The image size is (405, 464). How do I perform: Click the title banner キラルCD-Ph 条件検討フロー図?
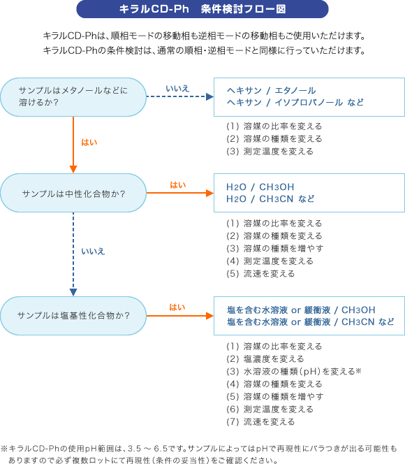(x=202, y=9)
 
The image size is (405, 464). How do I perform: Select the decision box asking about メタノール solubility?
(x=73, y=97)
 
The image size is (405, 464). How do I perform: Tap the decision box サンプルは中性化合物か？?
(x=73, y=193)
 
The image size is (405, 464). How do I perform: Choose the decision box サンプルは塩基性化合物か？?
(x=73, y=316)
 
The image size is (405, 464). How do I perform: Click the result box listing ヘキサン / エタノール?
(x=309, y=97)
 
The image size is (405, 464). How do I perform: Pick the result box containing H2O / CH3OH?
(x=309, y=193)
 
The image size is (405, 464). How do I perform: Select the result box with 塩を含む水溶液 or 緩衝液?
(x=309, y=316)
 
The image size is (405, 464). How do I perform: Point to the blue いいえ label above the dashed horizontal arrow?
(x=177, y=89)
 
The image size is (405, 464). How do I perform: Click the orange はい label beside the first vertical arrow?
(x=89, y=143)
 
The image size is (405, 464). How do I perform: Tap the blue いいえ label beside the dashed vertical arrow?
(x=93, y=252)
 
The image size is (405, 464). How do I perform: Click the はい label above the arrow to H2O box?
(x=177, y=185)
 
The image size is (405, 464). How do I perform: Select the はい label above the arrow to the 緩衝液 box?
(x=177, y=307)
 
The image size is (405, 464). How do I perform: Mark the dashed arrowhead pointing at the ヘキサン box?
(x=210, y=96)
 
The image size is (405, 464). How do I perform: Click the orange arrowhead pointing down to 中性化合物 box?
(x=73, y=170)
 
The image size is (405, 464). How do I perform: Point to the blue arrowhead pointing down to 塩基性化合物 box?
(x=73, y=292)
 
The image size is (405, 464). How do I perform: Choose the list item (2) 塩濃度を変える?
(x=265, y=359)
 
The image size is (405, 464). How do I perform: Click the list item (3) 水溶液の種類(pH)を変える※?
(x=294, y=371)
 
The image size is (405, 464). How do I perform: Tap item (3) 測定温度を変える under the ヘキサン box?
(x=270, y=152)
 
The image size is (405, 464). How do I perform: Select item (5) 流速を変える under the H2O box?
(x=260, y=274)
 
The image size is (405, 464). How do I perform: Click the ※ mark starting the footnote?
(x=4, y=449)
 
